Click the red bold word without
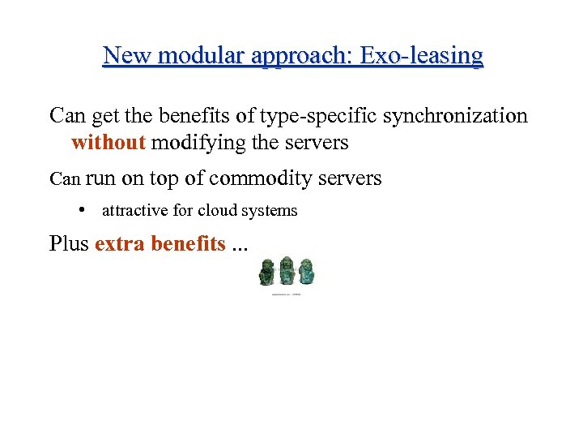click(109, 144)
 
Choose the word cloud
click(221, 211)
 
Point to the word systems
click(271, 211)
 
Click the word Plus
click(69, 243)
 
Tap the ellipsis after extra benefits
click(240, 246)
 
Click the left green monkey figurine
click(266, 273)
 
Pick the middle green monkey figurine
click(286, 272)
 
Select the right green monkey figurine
click(305, 272)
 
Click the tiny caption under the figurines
click(286, 294)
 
